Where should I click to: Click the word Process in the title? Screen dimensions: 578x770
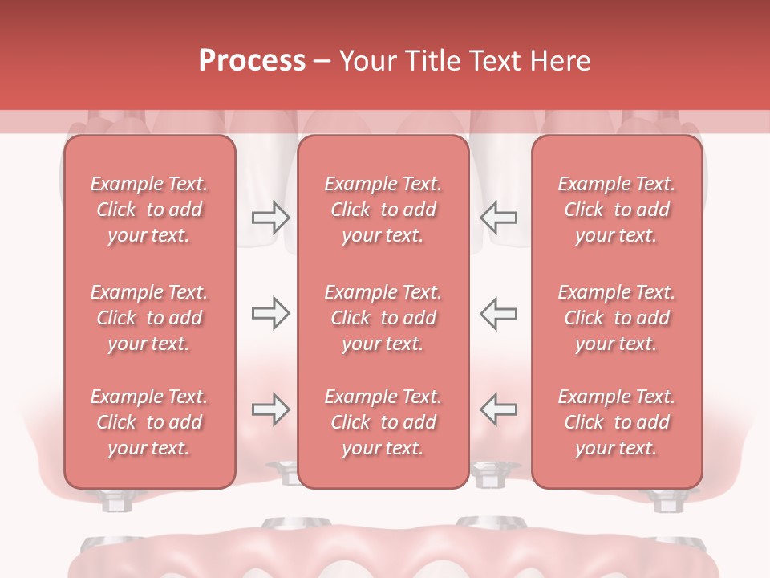(x=252, y=61)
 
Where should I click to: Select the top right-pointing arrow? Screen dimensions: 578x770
(x=270, y=218)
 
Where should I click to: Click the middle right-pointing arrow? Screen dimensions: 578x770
(x=270, y=313)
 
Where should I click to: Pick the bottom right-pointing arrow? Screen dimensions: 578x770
(x=270, y=409)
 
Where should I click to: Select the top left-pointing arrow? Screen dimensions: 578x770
(x=499, y=218)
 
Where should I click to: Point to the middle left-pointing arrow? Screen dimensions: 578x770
(x=499, y=313)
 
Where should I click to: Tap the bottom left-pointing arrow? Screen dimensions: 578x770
(x=499, y=409)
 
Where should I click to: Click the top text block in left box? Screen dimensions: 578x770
(x=149, y=210)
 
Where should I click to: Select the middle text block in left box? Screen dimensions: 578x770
(x=149, y=318)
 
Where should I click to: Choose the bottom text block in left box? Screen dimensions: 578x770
(x=149, y=422)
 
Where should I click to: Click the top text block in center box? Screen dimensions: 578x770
(x=383, y=210)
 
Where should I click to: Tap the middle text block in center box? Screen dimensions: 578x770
(x=383, y=318)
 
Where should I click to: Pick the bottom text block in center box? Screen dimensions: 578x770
(x=383, y=422)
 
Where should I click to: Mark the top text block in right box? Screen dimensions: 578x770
(x=617, y=210)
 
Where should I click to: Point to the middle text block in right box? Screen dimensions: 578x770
(x=617, y=318)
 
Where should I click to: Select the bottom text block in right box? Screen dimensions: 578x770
(x=617, y=422)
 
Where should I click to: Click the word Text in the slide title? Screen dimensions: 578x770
(x=496, y=61)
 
